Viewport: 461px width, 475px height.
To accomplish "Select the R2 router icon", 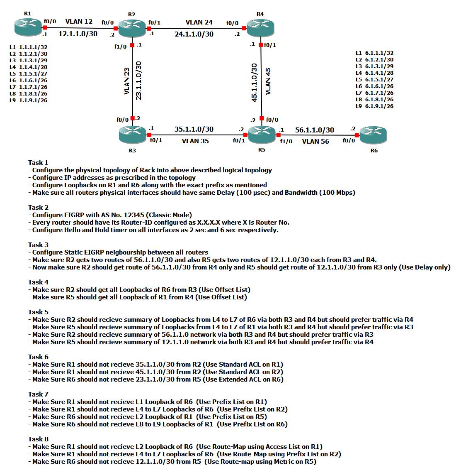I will point(132,29).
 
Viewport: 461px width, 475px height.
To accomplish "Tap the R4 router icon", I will point(260,28).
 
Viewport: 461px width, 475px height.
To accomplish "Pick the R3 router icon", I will point(132,134).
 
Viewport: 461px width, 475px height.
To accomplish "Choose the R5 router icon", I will point(262,134).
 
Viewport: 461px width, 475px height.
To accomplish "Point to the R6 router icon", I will point(374,135).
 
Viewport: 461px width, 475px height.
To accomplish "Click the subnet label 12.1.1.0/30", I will point(78,34).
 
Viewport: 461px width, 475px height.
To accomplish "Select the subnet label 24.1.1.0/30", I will point(194,34).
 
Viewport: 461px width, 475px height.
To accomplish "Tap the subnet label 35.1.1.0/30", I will point(194,129).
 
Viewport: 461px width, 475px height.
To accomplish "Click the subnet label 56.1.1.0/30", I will point(314,130).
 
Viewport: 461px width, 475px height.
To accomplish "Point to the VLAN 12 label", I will point(79,22).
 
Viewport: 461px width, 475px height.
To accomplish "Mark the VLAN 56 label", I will point(315,141).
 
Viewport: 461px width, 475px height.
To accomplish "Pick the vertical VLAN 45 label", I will point(268,81).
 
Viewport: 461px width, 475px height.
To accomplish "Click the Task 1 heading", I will point(38,162).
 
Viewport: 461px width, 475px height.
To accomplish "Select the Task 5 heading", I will point(38,312).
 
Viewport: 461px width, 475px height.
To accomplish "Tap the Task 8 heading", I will point(38,439).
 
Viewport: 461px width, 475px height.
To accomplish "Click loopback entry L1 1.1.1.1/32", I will point(28,47).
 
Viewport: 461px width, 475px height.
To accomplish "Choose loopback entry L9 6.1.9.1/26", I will point(374,106).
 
